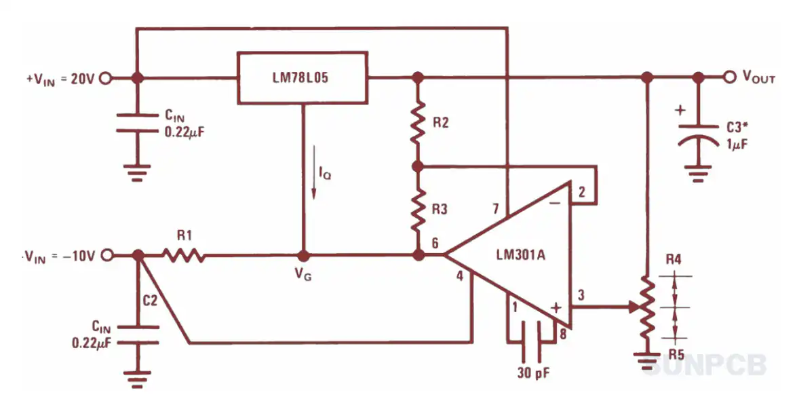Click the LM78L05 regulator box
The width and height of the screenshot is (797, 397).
[303, 78]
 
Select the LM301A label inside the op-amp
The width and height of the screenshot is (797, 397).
[520, 255]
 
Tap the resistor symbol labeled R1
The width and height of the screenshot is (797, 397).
[184, 255]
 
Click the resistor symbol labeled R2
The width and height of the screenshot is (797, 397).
[417, 123]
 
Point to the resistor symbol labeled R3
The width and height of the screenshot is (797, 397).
[417, 210]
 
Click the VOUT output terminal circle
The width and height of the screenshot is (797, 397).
[731, 78]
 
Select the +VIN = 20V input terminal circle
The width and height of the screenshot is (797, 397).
[105, 78]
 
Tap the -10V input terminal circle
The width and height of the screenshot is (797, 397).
[105, 255]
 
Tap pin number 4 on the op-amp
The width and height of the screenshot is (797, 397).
[460, 278]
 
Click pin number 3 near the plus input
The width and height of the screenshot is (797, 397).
[581, 295]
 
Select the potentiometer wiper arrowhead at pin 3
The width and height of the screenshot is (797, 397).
[634, 307]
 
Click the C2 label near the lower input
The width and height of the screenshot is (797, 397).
[150, 300]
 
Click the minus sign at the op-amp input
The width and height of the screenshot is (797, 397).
[556, 203]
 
